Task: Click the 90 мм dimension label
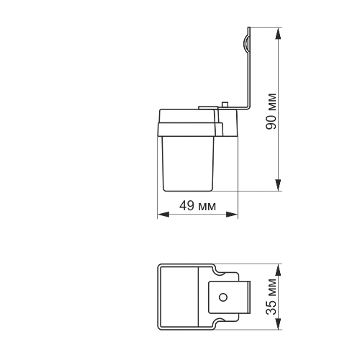click(x=271, y=111)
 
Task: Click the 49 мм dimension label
click(x=197, y=206)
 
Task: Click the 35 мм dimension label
click(x=271, y=297)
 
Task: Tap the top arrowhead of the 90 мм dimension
click(x=278, y=34)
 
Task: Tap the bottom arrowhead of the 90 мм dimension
click(x=278, y=185)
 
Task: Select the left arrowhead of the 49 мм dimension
click(x=163, y=215)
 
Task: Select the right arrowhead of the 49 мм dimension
click(x=232, y=215)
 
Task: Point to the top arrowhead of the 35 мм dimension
click(x=278, y=270)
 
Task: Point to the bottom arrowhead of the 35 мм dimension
click(x=278, y=324)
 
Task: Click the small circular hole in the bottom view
click(x=223, y=297)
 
